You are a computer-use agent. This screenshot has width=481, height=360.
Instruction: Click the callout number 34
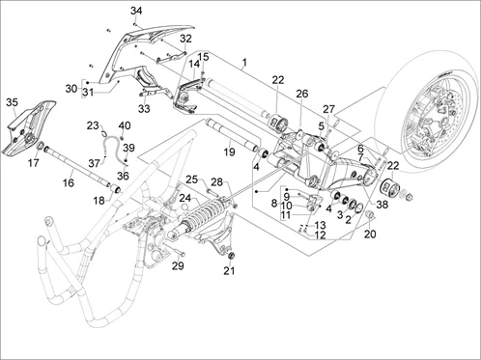click(136, 11)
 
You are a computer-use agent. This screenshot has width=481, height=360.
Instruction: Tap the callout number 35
click(12, 102)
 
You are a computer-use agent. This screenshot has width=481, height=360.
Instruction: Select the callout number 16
click(69, 182)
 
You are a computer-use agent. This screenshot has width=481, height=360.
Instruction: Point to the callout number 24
click(185, 198)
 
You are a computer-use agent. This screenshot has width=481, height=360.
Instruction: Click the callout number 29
click(178, 265)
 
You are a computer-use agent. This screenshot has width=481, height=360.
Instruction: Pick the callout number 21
click(229, 271)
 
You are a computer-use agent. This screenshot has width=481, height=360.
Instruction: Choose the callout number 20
click(370, 234)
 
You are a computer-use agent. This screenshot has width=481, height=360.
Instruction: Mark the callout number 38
click(382, 205)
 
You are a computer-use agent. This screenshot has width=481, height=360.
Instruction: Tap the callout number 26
click(302, 94)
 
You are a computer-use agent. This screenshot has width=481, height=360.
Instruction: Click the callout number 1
click(244, 62)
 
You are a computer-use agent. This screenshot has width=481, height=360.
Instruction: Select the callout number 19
click(229, 152)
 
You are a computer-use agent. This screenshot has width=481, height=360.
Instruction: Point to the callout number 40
click(125, 125)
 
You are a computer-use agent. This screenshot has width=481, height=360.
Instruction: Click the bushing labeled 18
click(116, 188)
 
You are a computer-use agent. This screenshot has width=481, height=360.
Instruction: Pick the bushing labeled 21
click(231, 256)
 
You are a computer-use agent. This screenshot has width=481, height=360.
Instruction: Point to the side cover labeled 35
click(28, 127)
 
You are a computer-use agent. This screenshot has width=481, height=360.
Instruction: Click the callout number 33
click(144, 109)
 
